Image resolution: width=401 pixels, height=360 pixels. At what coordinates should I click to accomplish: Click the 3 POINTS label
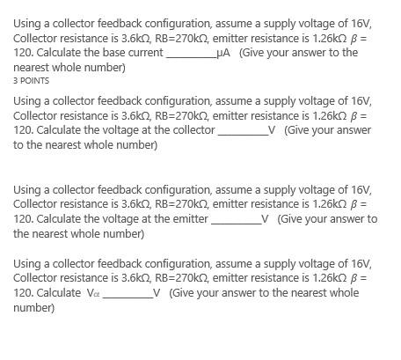pos(31,80)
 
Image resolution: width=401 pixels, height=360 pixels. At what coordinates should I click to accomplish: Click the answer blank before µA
pos(191,55)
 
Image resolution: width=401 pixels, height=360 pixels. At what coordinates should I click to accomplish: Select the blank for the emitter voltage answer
pos(236,221)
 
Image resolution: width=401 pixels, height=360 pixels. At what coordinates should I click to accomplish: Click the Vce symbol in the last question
pos(93,294)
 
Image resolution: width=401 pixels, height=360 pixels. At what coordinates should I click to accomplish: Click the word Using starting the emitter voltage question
pos(29,189)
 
